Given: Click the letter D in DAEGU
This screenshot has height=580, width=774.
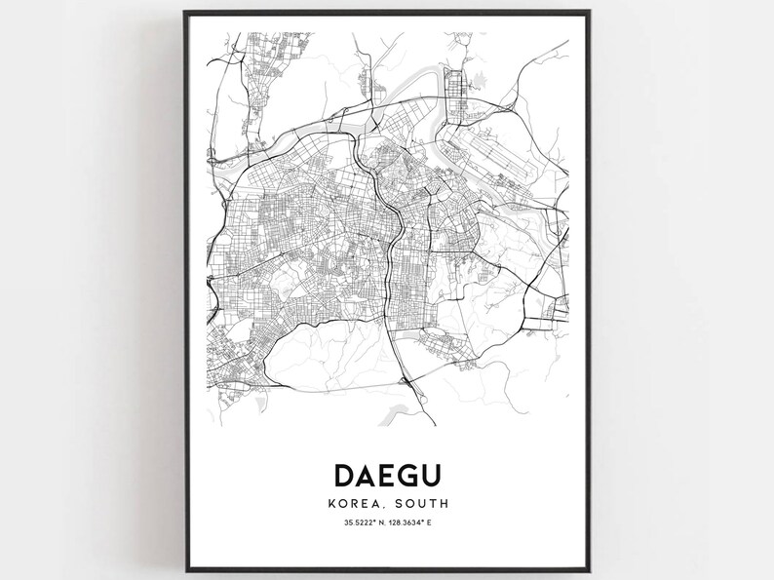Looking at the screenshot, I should (x=345, y=475).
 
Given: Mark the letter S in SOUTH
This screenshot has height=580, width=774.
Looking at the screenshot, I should (x=398, y=504).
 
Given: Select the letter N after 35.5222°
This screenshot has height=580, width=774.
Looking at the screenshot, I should (x=380, y=525).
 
